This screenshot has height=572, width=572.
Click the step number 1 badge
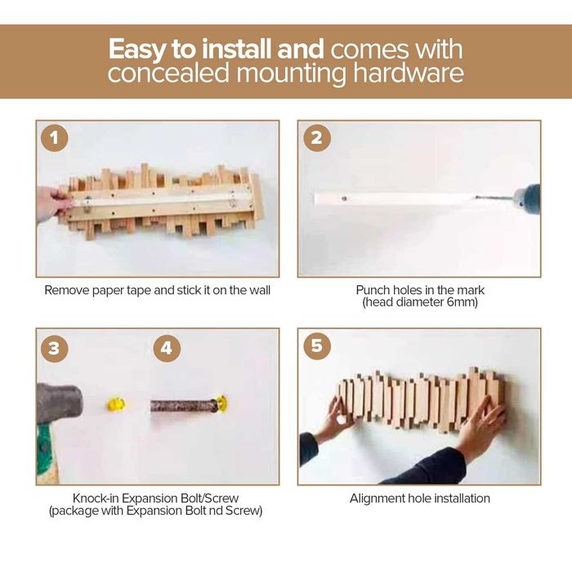pos(55,138)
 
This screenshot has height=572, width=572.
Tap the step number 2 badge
pos(317,138)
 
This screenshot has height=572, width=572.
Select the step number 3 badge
pos(55,348)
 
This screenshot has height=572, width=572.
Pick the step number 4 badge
pos(167,348)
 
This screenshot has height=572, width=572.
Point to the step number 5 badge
pos(317,346)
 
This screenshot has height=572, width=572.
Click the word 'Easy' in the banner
pos(137,50)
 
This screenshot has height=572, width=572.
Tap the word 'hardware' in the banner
pos(409,74)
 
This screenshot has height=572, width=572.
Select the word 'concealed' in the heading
pos(168,74)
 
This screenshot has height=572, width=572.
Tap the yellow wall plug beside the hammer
pos(116,404)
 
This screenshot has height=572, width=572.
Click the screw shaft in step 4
pos(184,405)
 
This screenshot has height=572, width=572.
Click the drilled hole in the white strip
pos(344,199)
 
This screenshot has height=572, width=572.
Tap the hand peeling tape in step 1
pos(52,203)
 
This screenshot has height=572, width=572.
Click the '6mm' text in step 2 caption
pos(461,302)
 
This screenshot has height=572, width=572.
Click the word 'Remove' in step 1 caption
pos(67,290)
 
